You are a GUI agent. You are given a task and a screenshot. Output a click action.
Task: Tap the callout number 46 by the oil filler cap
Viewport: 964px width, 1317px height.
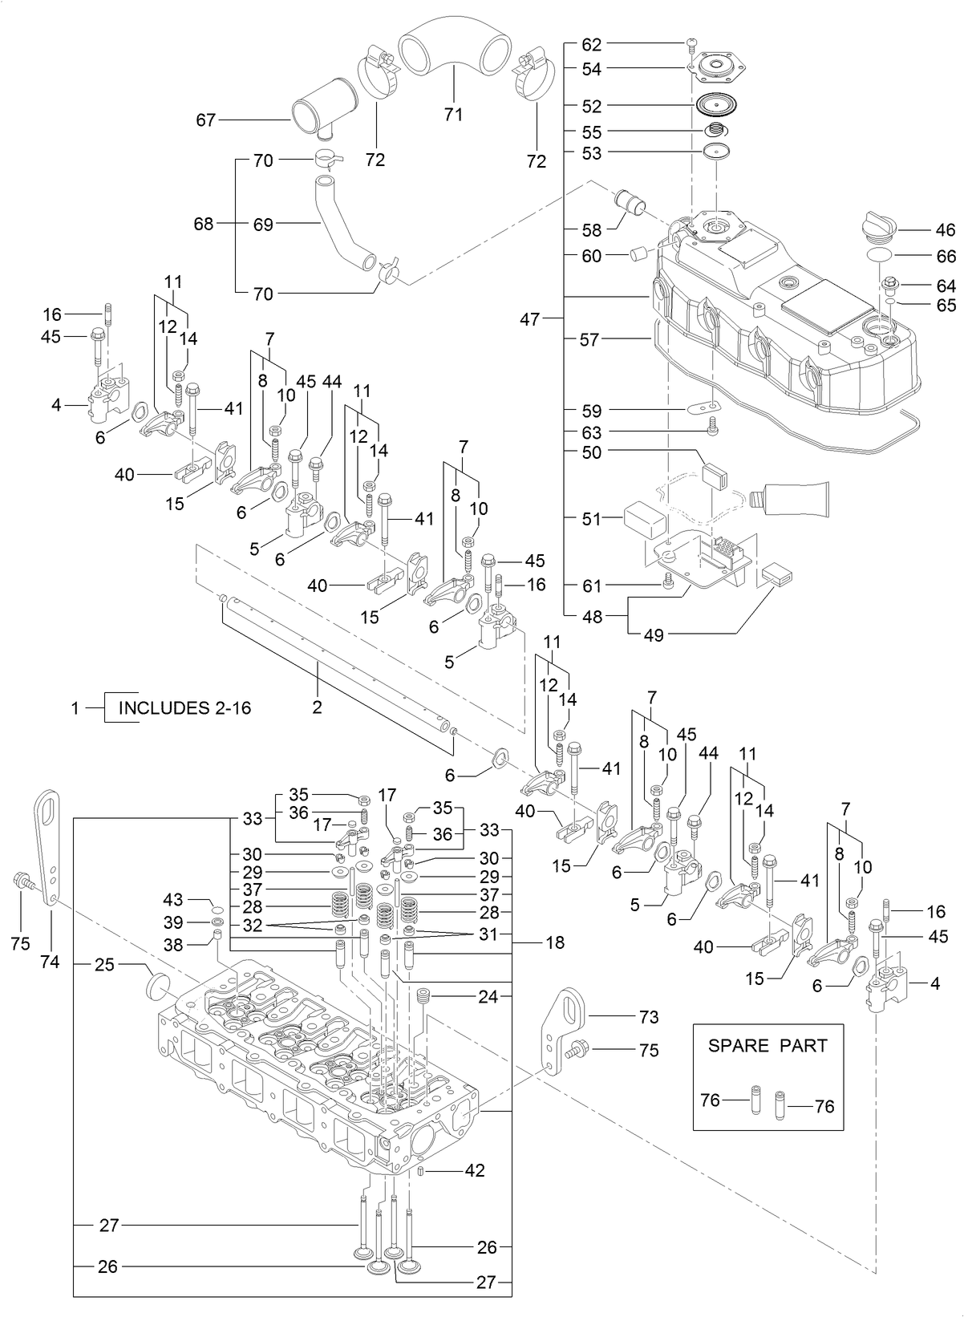point(946,230)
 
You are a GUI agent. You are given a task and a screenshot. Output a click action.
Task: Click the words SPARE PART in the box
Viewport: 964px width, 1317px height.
point(768,1046)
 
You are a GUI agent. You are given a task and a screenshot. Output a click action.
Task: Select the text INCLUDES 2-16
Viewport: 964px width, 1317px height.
point(184,708)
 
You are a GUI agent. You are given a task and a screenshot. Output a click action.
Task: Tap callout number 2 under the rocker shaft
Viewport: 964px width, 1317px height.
point(317,707)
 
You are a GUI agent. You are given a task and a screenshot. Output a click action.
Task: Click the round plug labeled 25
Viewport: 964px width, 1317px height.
point(161,986)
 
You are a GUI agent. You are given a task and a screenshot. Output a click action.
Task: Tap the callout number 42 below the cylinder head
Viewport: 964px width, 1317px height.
point(475,1171)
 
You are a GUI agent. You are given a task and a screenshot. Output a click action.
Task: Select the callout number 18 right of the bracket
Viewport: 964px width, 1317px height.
point(555,943)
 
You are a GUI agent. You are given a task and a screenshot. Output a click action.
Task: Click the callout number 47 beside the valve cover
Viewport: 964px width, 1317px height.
point(529,318)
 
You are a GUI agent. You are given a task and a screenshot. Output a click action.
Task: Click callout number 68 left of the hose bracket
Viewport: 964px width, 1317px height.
point(205,224)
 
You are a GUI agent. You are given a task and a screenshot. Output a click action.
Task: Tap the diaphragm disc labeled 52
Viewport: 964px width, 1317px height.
point(717,105)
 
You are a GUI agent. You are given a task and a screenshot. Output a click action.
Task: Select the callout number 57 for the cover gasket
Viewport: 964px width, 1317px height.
point(589,339)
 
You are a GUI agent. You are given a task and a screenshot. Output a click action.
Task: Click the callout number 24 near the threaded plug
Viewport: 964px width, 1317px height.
point(488,997)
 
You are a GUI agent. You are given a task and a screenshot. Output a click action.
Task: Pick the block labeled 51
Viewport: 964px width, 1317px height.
point(646,520)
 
